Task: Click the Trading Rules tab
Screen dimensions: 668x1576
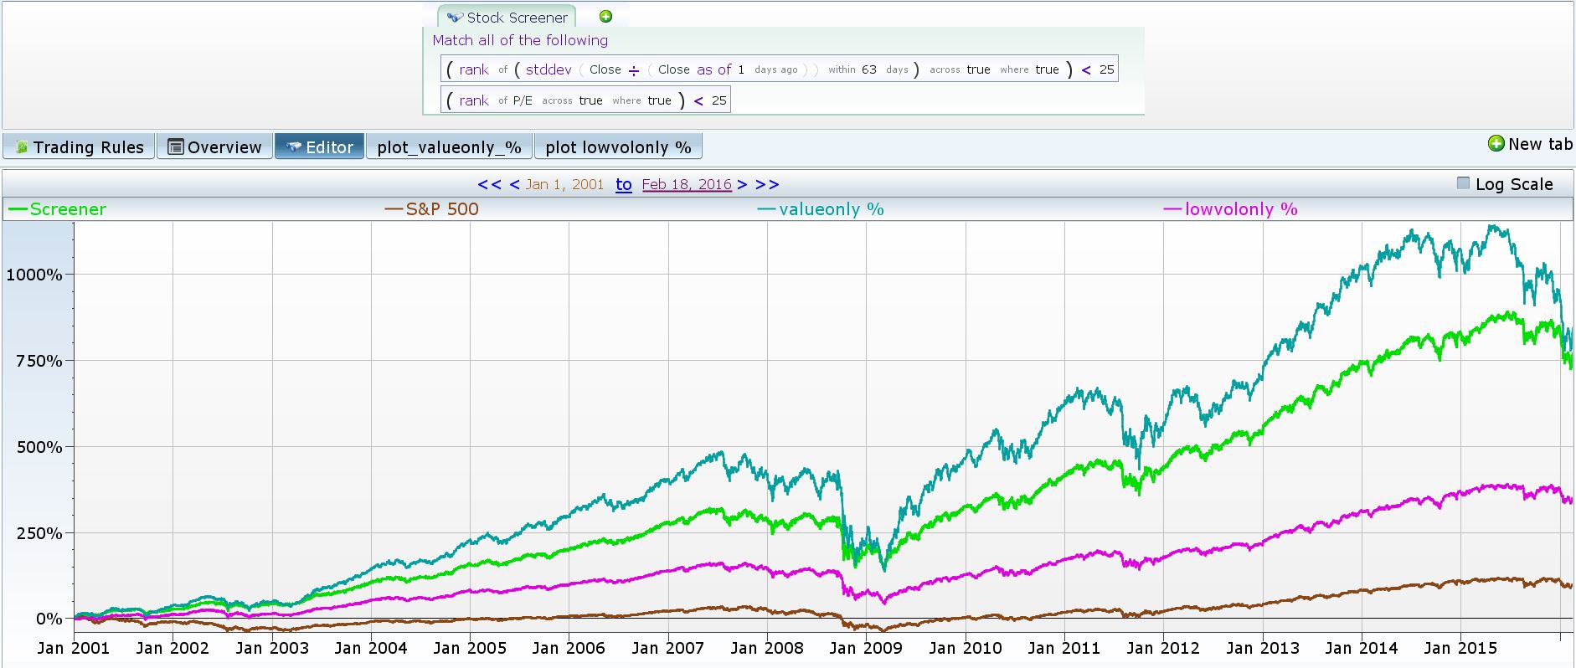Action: point(80,147)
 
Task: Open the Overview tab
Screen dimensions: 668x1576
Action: point(215,147)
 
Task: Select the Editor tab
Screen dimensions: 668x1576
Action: point(320,147)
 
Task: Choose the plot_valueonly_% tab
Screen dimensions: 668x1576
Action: point(449,147)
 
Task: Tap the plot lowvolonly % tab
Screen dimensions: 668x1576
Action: point(618,147)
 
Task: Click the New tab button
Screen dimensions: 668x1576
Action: point(1531,144)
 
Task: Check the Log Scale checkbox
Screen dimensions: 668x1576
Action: point(1463,183)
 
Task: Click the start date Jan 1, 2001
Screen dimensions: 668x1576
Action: point(564,184)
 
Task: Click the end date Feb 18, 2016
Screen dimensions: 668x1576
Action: point(687,184)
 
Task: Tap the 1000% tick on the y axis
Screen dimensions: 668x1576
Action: point(34,275)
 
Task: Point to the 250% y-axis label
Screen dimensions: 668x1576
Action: point(39,533)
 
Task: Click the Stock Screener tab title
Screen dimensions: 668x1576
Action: point(517,18)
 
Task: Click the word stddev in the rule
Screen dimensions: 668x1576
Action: point(549,69)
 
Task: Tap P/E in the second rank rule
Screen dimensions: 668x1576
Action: point(522,100)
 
